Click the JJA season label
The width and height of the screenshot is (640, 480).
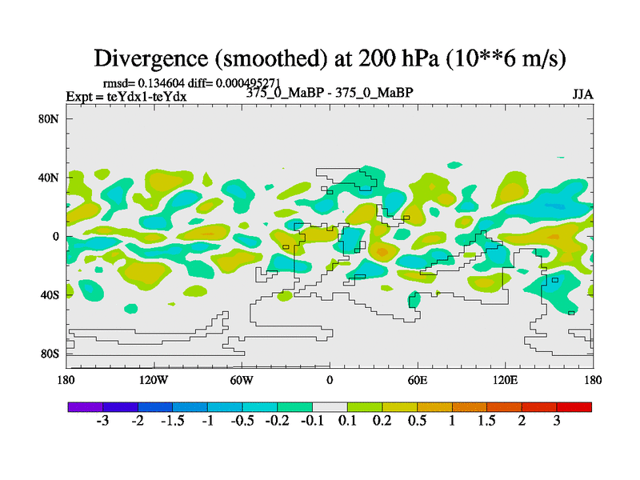click(x=582, y=94)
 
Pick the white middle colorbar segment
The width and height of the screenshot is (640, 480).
click(x=330, y=407)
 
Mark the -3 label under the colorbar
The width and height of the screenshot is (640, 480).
click(x=102, y=422)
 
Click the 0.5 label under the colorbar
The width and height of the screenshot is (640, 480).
click(x=417, y=422)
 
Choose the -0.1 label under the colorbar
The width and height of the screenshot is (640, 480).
click(x=312, y=422)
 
